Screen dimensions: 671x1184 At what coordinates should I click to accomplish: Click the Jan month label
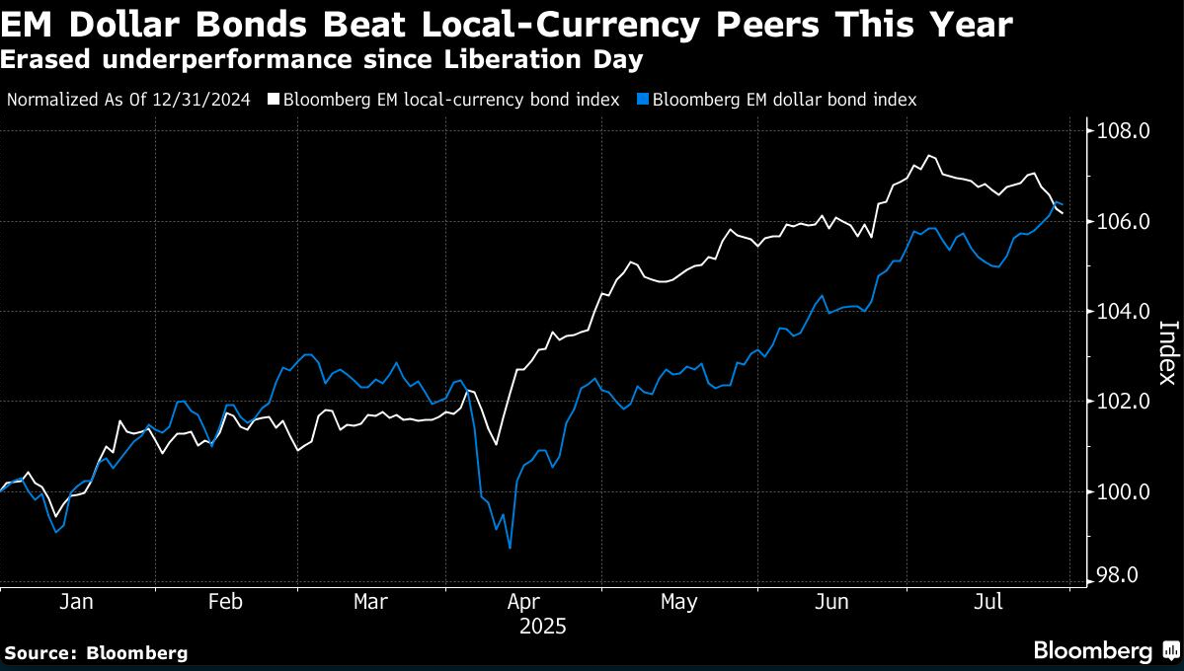(x=76, y=602)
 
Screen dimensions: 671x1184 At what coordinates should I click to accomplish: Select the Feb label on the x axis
(x=226, y=602)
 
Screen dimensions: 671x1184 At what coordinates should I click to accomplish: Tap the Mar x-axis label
(x=370, y=602)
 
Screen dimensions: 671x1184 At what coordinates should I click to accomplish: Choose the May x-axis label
(x=678, y=602)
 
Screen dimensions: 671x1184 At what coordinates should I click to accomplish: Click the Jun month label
(x=832, y=602)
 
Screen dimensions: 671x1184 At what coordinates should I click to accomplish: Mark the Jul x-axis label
(x=989, y=602)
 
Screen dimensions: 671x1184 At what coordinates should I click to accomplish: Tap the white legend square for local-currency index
(x=274, y=100)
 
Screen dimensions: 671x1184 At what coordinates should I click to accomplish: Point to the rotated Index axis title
(x=1166, y=353)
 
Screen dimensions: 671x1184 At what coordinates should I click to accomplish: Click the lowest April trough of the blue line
(x=510, y=548)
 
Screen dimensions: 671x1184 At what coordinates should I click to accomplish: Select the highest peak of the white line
(x=928, y=155)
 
